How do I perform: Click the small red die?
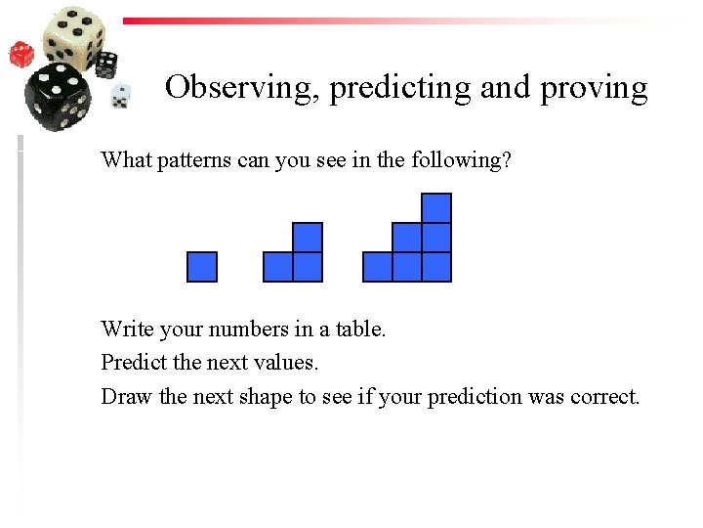tap(21, 53)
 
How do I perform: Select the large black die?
tap(59, 98)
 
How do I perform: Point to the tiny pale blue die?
tap(121, 96)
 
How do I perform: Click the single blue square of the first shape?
tap(202, 267)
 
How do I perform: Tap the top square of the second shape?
tap(308, 238)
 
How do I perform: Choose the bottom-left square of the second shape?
tap(278, 267)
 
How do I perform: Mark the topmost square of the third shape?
tap(436, 208)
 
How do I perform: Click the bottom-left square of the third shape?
tap(378, 267)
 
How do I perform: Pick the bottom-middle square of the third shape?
tap(407, 267)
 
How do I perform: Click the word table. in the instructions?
tap(361, 330)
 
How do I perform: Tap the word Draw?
tap(124, 396)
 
